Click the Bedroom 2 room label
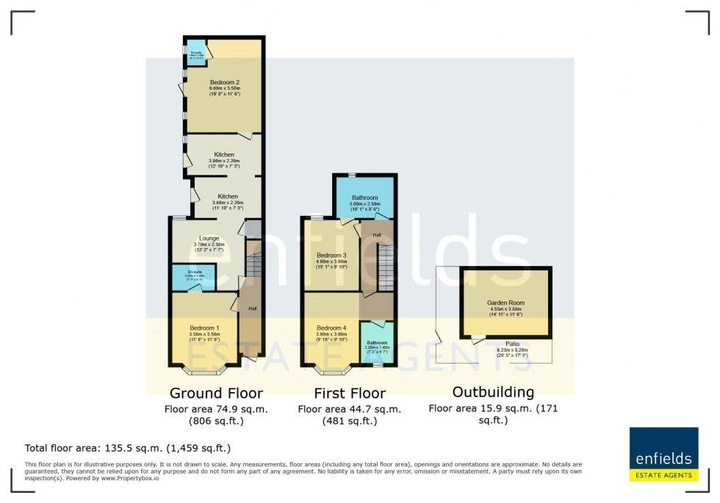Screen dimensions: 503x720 pyautogui.click(x=225, y=82)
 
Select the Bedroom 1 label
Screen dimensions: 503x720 pyautogui.click(x=204, y=328)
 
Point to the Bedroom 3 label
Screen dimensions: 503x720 pyautogui.click(x=331, y=256)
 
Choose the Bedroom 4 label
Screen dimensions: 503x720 pyautogui.click(x=331, y=328)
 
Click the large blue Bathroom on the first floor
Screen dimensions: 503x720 pyautogui.click(x=364, y=198)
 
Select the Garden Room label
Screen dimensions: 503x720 pyautogui.click(x=504, y=303)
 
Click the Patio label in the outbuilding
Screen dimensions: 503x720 pyautogui.click(x=513, y=342)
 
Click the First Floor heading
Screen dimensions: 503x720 pyautogui.click(x=349, y=393)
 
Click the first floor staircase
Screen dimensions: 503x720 pyautogui.click(x=386, y=267)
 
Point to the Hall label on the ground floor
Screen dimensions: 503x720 pyautogui.click(x=253, y=308)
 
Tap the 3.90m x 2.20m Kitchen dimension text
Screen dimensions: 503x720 pyautogui.click(x=225, y=161)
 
